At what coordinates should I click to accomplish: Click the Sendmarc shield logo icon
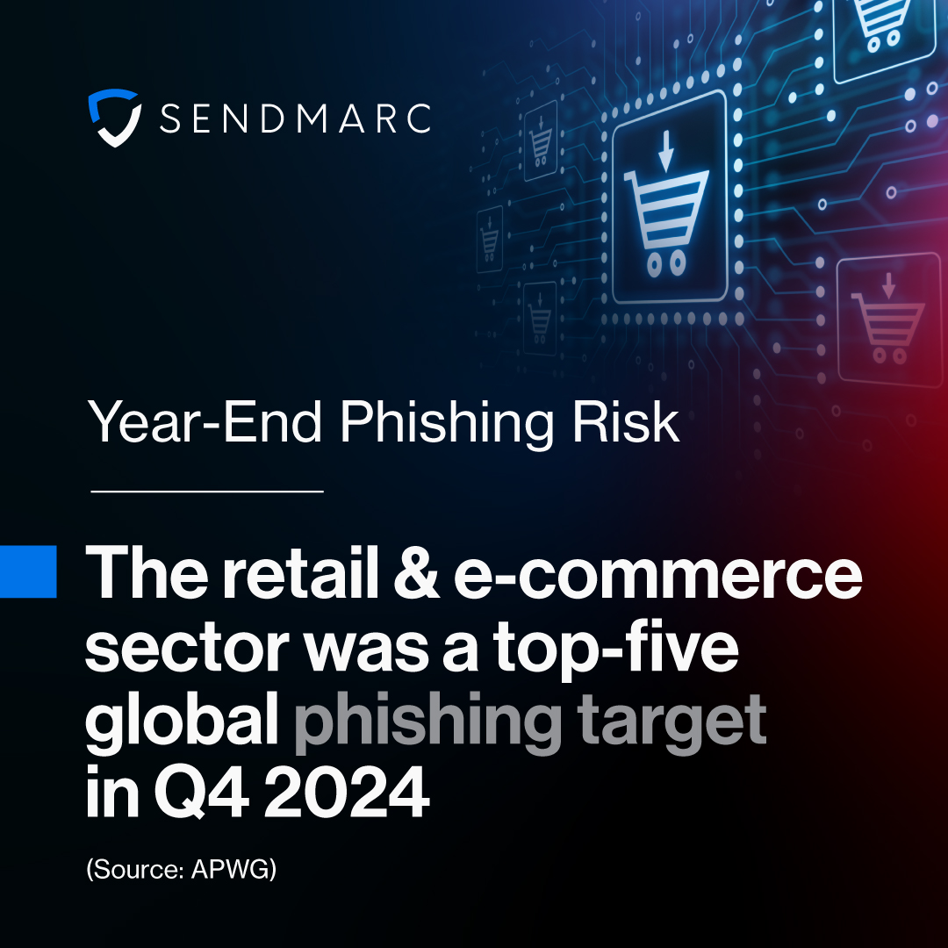pos(115,117)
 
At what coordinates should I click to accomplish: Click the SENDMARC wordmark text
pos(296,118)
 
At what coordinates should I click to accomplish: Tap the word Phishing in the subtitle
pos(448,423)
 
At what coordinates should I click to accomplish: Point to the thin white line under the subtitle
pos(207,491)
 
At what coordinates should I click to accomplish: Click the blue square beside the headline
pos(28,571)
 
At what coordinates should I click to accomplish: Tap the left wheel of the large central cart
pos(652,262)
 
